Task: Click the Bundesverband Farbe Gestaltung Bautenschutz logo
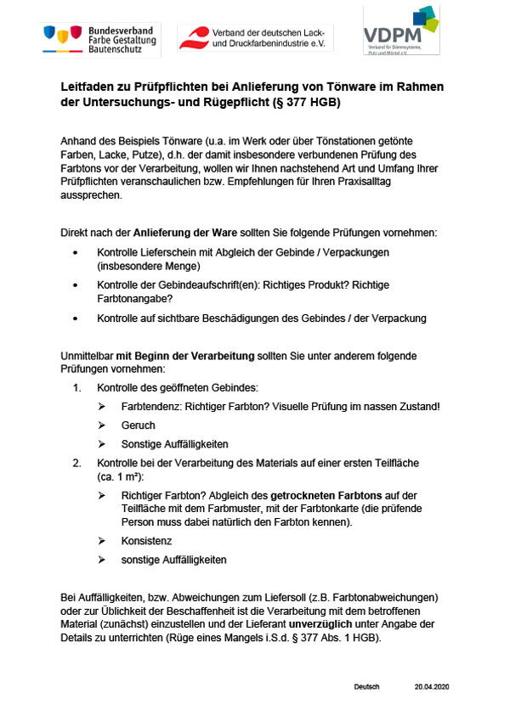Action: point(99,38)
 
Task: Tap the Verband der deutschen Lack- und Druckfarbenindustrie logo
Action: point(255,37)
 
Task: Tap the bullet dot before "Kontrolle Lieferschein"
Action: point(76,253)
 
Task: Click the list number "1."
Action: point(77,387)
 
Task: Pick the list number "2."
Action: point(77,462)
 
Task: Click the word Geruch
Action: point(139,425)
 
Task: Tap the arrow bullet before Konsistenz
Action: point(102,540)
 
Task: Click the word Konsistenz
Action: point(149,540)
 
